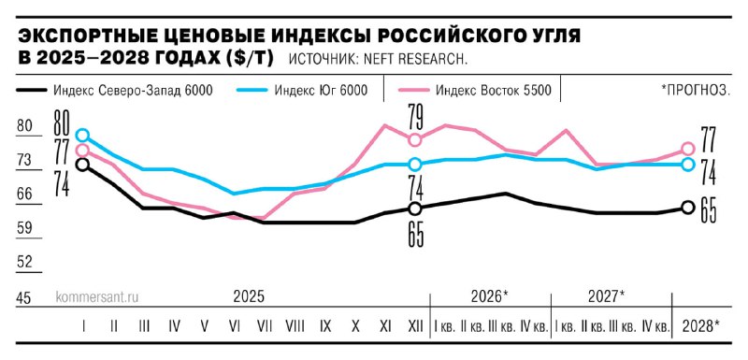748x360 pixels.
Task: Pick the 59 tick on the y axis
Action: coord(25,228)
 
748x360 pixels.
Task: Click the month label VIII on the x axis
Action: coord(295,327)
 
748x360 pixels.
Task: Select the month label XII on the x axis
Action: coord(414,327)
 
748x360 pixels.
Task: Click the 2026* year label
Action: coord(490,296)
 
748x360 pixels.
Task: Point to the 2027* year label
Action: coord(607,296)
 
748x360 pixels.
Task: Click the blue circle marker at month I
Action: coord(82,136)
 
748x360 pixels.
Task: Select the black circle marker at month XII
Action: coord(415,208)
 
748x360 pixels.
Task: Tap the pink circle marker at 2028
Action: coord(688,149)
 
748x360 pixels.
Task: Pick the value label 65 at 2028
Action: coord(709,211)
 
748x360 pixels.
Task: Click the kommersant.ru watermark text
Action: coord(98,296)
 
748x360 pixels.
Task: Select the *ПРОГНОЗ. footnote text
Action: coord(696,91)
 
